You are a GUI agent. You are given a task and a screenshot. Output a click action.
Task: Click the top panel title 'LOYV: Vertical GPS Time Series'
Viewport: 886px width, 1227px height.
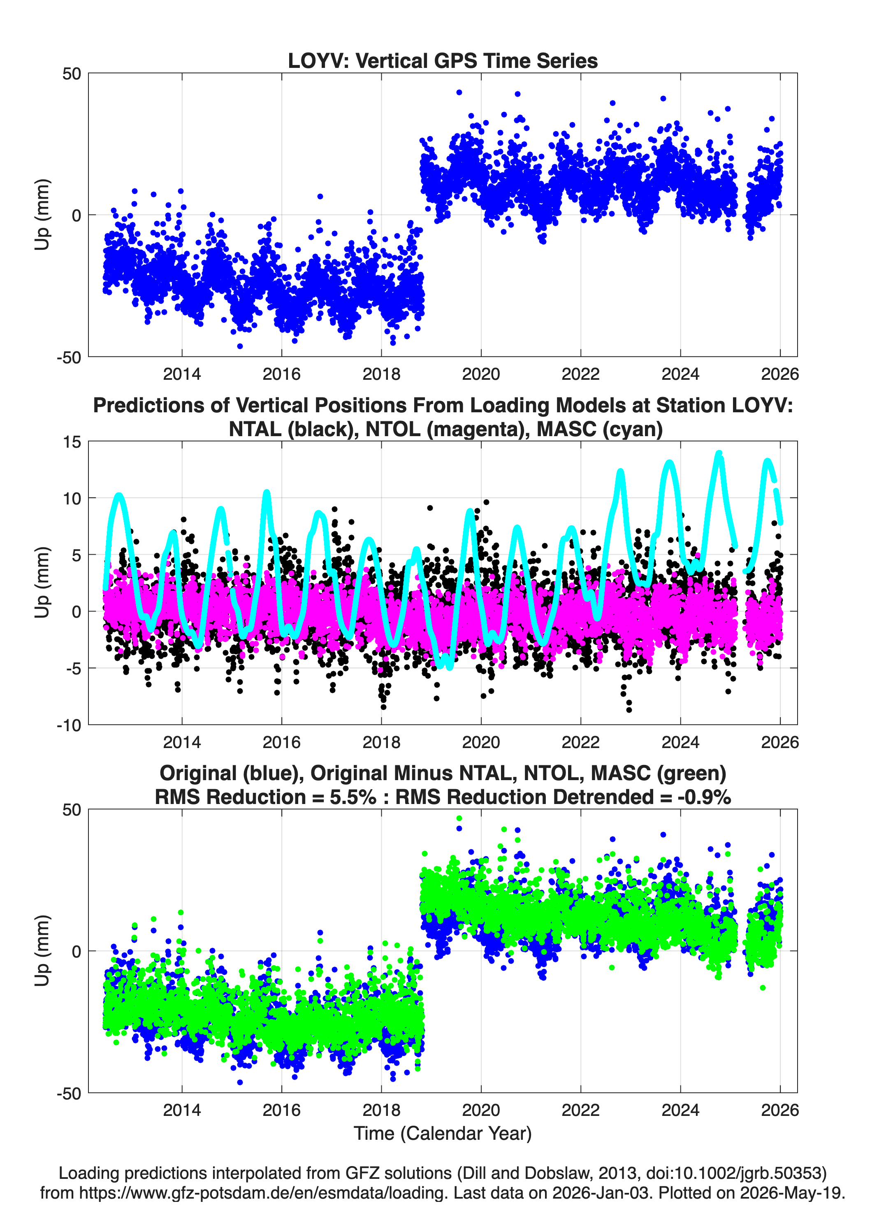[x=443, y=60]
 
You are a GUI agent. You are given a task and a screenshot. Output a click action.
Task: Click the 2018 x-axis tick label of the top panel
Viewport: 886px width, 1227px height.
[x=381, y=374]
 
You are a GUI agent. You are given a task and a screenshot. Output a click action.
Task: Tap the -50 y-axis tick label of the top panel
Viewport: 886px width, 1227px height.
[x=69, y=357]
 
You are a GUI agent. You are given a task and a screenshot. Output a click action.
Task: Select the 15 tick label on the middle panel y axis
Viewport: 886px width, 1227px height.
[x=72, y=442]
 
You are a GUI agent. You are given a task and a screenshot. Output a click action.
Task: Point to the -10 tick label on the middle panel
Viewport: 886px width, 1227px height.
[x=69, y=725]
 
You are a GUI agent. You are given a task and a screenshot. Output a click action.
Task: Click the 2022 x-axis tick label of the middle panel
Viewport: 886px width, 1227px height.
[x=580, y=742]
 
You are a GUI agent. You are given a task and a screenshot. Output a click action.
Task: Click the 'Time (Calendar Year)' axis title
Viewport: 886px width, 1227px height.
[x=443, y=1134]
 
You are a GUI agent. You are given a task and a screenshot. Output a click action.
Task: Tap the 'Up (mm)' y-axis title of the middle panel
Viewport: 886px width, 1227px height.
[x=42, y=583]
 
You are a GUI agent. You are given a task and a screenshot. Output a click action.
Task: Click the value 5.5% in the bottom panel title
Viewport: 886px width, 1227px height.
[x=353, y=797]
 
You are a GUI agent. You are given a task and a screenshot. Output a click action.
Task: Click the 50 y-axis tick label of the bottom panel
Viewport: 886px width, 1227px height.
[x=72, y=810]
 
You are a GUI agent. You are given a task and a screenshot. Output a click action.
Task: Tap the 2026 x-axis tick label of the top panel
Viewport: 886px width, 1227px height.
[x=780, y=374]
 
